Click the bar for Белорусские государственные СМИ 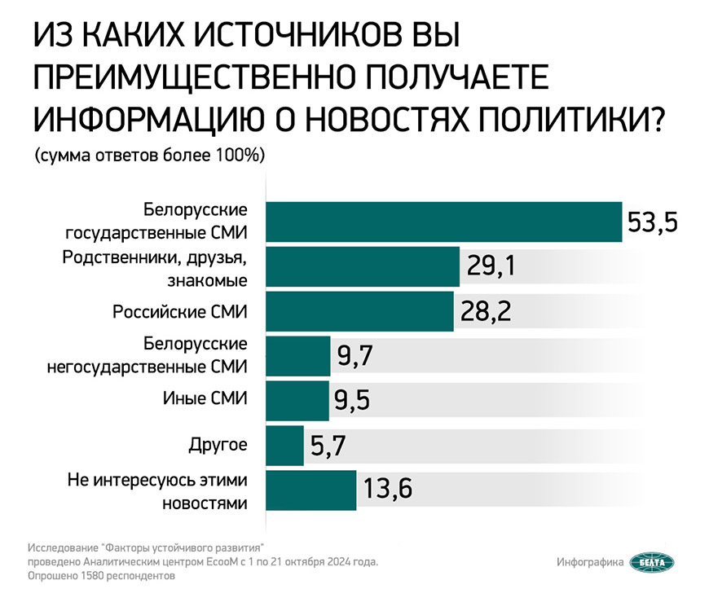pos(444,222)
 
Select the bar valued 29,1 pos(363,266)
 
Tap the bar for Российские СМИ pos(359,311)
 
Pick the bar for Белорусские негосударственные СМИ pos(298,356)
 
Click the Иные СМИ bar pos(297,400)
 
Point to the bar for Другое pos(284,445)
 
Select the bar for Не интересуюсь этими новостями pos(311,490)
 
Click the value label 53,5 pos(652,222)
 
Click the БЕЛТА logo pos(653,562)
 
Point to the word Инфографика pos(590,562)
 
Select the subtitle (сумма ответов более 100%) pos(151,156)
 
